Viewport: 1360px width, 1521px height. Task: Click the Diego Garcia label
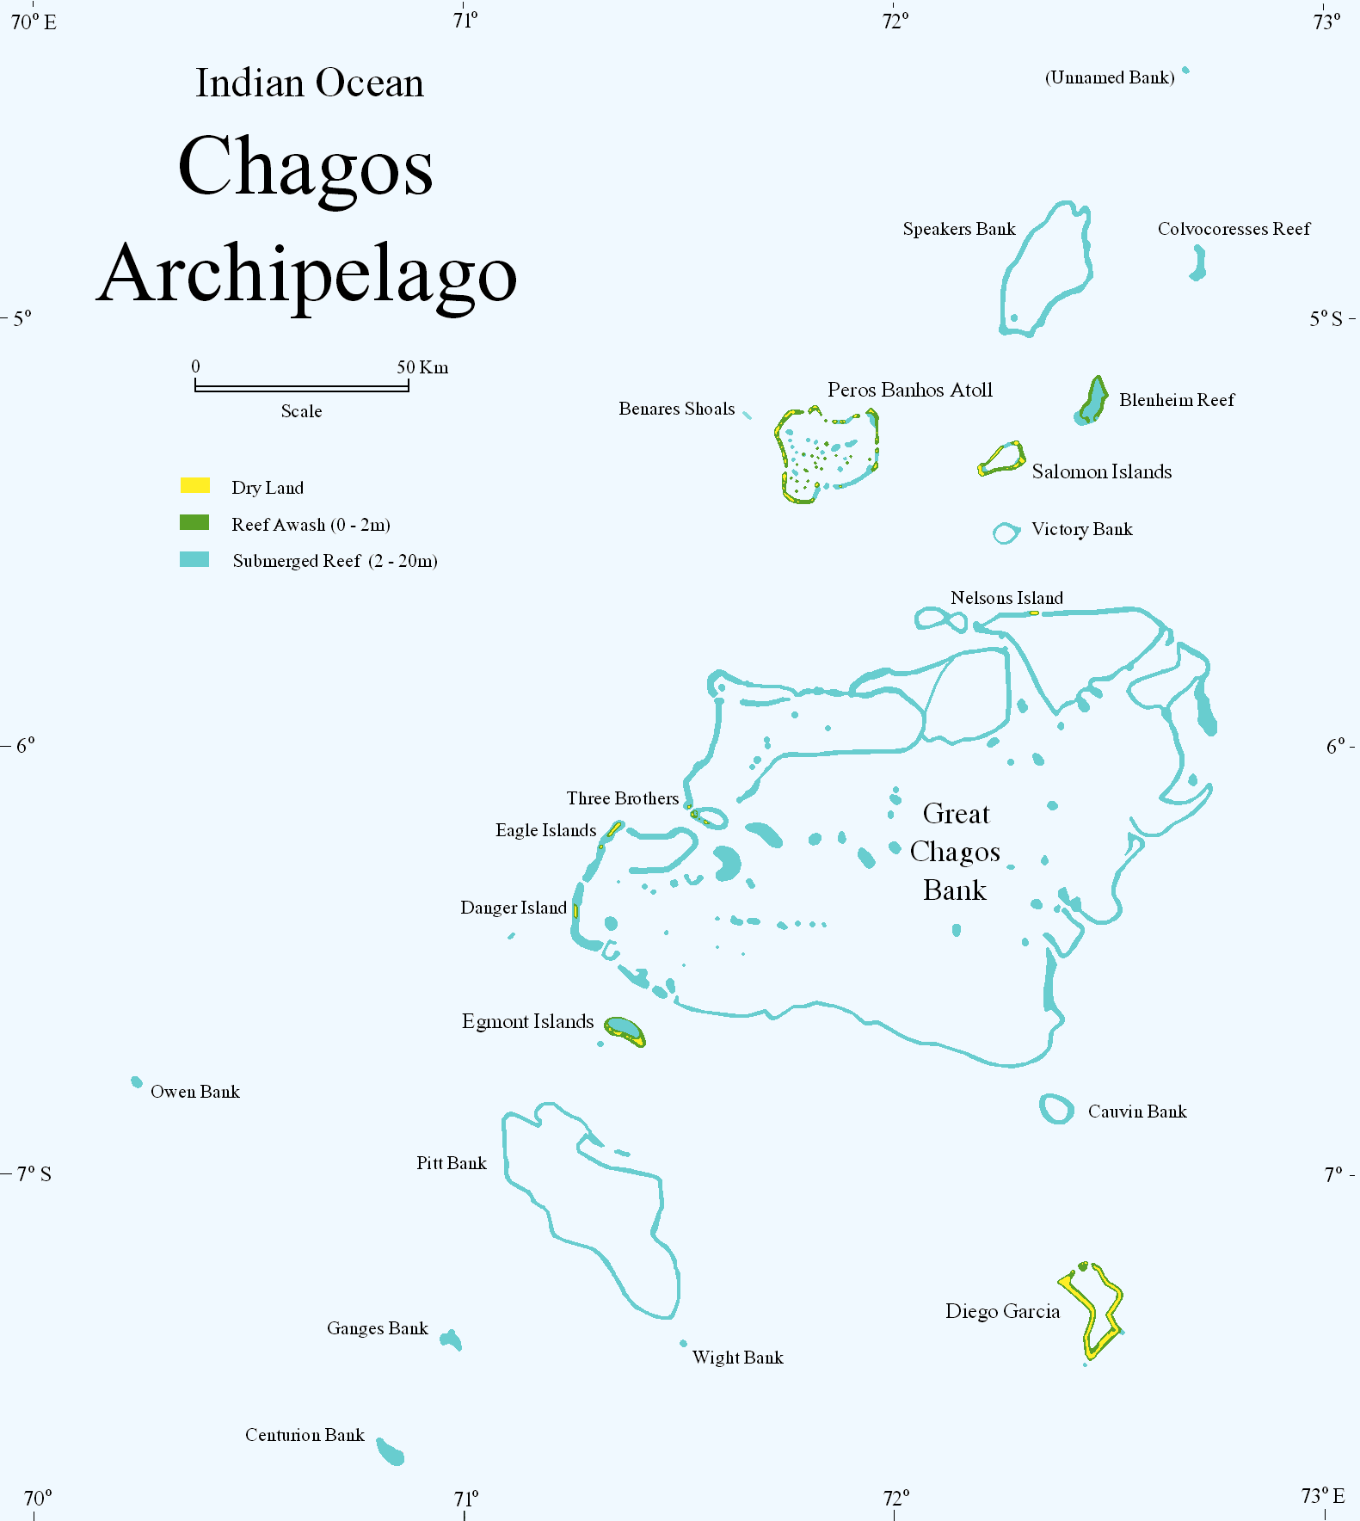(x=1002, y=1311)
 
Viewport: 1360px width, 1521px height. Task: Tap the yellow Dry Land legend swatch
(x=194, y=486)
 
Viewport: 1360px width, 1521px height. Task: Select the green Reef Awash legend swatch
(x=194, y=523)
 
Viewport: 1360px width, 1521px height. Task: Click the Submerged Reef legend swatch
(x=194, y=560)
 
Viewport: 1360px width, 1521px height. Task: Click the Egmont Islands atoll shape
(x=625, y=1030)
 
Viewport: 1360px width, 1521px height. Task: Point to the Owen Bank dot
(x=137, y=1082)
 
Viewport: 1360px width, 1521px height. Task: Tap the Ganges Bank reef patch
(x=451, y=1340)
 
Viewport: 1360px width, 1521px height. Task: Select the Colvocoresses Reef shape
(x=1197, y=264)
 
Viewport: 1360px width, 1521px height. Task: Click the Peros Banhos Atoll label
(x=909, y=390)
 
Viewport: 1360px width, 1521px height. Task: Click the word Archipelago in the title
(x=306, y=274)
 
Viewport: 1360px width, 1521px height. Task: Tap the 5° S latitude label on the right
(x=1325, y=319)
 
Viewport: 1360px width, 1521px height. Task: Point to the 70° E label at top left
(x=34, y=22)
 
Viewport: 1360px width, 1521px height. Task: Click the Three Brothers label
(x=622, y=798)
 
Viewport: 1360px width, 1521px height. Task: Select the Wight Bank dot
(x=684, y=1343)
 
